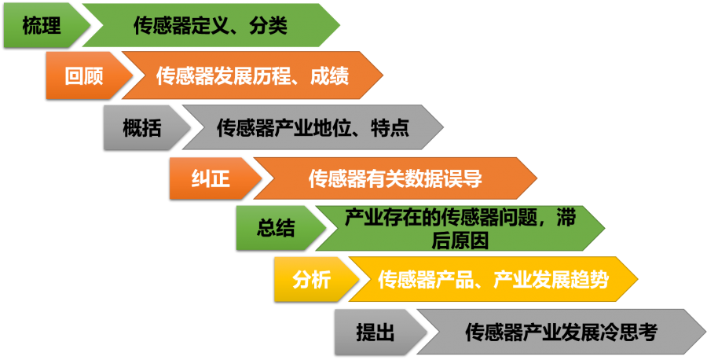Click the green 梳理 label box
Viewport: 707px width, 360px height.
(x=41, y=26)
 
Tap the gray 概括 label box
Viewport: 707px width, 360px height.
(x=141, y=127)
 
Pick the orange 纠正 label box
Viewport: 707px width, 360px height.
(x=210, y=178)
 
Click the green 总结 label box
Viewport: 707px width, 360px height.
(x=276, y=229)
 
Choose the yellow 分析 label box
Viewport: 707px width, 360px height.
(x=312, y=279)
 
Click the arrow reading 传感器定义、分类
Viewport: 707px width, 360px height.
(x=211, y=26)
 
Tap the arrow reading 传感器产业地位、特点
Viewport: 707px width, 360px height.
(x=313, y=127)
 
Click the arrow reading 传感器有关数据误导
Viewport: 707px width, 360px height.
(x=394, y=178)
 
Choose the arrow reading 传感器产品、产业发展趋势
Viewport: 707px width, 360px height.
(x=493, y=279)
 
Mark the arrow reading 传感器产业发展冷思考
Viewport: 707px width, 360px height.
(x=560, y=332)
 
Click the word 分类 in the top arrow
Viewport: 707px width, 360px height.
(x=268, y=26)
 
